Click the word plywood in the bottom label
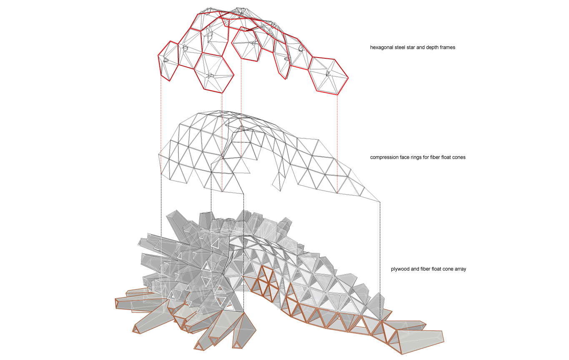click(x=400, y=269)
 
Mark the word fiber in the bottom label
click(x=423, y=269)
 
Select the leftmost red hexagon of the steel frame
click(x=169, y=60)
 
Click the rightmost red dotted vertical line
click(x=337, y=142)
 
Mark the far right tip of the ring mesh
click(x=380, y=201)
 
